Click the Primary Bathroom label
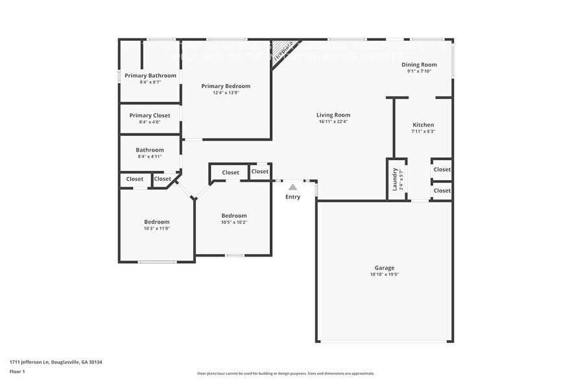[x=150, y=76]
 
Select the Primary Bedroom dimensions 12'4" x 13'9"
[x=226, y=93]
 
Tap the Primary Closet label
[x=150, y=115]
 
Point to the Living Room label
[x=334, y=115]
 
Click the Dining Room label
[x=419, y=65]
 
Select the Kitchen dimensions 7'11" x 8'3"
[x=423, y=132]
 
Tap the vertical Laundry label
[x=394, y=179]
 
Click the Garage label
[x=384, y=268]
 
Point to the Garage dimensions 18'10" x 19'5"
[x=384, y=275]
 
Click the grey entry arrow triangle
[x=292, y=187]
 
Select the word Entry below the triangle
[x=292, y=197]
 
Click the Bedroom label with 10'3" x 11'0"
[x=156, y=222]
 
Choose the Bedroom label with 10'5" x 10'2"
[x=234, y=216]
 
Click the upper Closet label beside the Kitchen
[x=442, y=170]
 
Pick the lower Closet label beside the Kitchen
[x=442, y=190]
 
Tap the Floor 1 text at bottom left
[x=18, y=371]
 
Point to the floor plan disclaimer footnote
[x=285, y=374]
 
